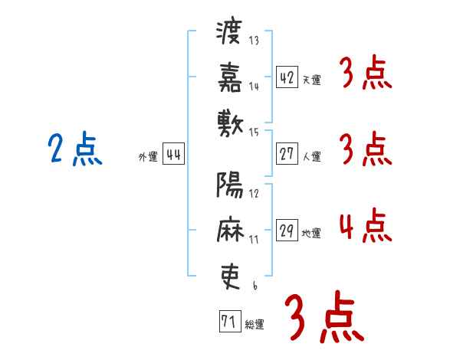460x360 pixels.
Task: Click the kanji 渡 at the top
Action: [x=229, y=32]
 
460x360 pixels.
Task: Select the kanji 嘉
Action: [x=230, y=77]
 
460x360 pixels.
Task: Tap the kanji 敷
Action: [x=230, y=124]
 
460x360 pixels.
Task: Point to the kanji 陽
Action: [x=230, y=185]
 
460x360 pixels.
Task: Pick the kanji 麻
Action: [x=230, y=229]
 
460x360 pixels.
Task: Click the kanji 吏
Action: [x=230, y=277]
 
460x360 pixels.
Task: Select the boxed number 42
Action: [x=287, y=77]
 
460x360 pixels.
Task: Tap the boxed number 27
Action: [x=287, y=154]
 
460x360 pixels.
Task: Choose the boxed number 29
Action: [x=287, y=230]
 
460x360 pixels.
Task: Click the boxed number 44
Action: [x=173, y=154]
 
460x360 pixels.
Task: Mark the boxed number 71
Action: [x=230, y=321]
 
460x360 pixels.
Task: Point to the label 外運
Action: [x=148, y=157]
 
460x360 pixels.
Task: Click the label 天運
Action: [x=312, y=80]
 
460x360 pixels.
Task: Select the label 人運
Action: [x=312, y=156]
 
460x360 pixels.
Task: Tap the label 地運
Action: [x=311, y=234]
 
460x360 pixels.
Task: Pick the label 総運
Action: [x=255, y=325]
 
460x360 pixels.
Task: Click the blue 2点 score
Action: [x=75, y=149]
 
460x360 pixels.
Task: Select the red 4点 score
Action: [x=366, y=225]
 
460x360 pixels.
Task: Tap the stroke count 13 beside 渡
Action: [x=254, y=41]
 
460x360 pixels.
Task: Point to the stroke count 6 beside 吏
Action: [x=255, y=286]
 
